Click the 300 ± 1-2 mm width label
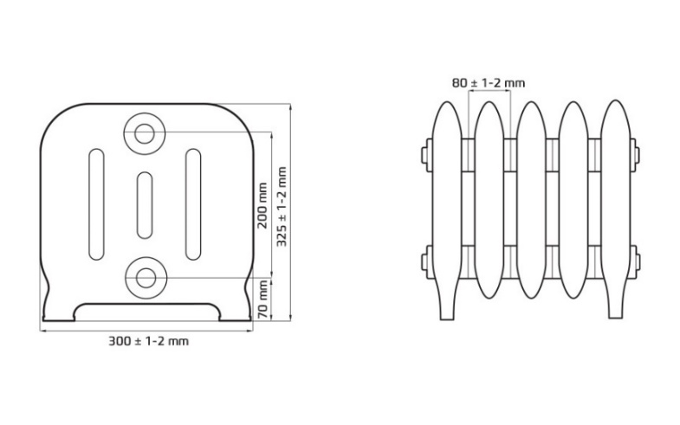(148, 341)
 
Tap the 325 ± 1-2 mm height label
(282, 207)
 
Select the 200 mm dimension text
(262, 206)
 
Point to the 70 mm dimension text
(262, 299)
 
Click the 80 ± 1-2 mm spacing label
(489, 83)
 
